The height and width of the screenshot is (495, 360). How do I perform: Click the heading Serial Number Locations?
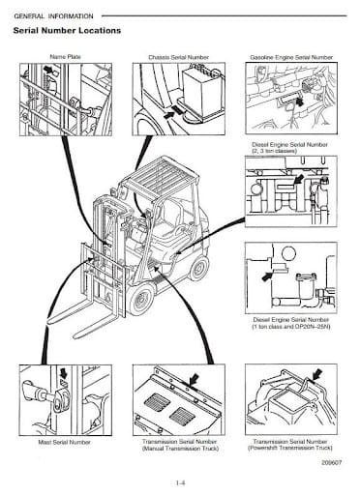point(67,31)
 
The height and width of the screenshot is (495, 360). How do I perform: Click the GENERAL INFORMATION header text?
point(53,16)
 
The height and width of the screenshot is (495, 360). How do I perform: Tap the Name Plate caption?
point(65,57)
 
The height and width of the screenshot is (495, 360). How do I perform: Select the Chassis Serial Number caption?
point(178,57)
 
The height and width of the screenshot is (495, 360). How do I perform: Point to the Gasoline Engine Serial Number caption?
point(291,57)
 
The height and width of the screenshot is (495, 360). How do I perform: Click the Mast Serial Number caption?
point(65,442)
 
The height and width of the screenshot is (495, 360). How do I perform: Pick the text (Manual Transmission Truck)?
point(180,449)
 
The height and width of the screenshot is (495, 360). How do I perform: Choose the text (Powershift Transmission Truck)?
point(290,448)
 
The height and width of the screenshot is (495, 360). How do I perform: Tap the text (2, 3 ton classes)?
point(274,151)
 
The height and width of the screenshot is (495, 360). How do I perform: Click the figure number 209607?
point(331,462)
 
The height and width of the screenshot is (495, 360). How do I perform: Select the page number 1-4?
point(180,482)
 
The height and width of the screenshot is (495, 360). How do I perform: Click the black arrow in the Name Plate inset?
point(48,70)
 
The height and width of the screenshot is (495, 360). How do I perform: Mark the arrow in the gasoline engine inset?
point(300,102)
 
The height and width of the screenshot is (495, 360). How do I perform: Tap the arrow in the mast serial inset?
point(63,373)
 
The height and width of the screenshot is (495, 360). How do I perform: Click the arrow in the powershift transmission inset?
point(317,374)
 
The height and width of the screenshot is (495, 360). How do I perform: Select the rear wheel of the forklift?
point(198,268)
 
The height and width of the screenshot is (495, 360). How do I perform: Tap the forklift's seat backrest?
point(170,214)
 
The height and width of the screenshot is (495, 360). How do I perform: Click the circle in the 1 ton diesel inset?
point(288,253)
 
